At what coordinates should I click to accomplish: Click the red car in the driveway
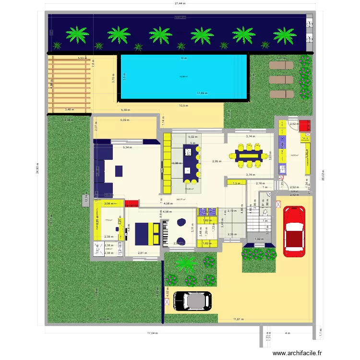pos(294,231)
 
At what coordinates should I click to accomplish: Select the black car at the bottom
pos(192,300)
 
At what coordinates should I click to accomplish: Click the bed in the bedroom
pos(144,233)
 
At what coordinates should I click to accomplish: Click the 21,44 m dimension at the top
pos(180,3)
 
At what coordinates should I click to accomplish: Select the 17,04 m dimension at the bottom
pos(153,333)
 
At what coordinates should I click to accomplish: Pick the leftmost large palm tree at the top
pos(77,35)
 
